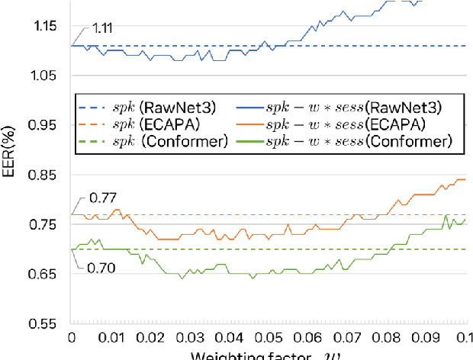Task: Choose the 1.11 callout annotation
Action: point(103,28)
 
